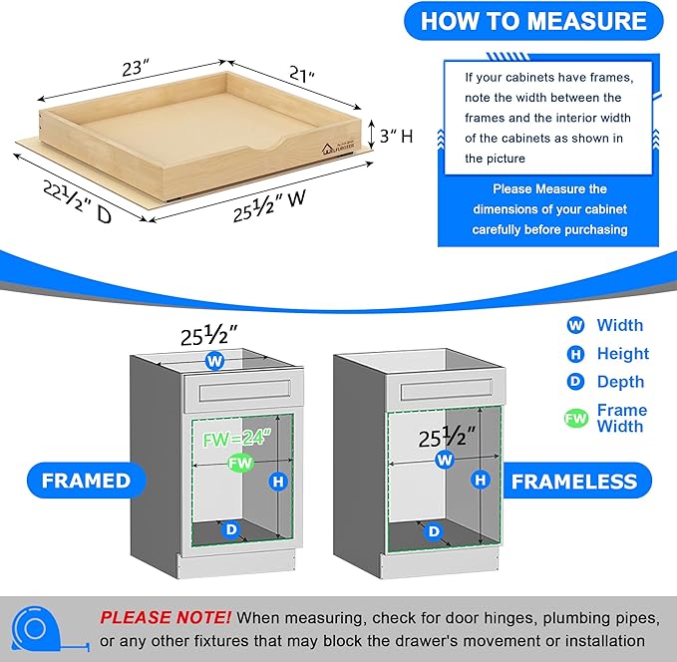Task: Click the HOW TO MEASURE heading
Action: pyautogui.click(x=532, y=21)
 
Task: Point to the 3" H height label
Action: pyautogui.click(x=391, y=137)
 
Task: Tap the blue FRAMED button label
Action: pyautogui.click(x=86, y=481)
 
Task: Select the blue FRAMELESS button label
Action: pyautogui.click(x=573, y=482)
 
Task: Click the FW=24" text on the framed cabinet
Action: pyautogui.click(x=231, y=436)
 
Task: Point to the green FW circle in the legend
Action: pyautogui.click(x=575, y=419)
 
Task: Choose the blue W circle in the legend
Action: pyautogui.click(x=575, y=325)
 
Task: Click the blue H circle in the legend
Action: pyautogui.click(x=575, y=353)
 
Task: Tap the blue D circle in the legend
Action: pyautogui.click(x=575, y=382)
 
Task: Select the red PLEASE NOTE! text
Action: pyautogui.click(x=165, y=618)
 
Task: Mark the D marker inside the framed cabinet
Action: pyautogui.click(x=231, y=530)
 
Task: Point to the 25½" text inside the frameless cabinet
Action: pyautogui.click(x=446, y=435)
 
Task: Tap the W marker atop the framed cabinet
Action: pyautogui.click(x=214, y=360)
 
